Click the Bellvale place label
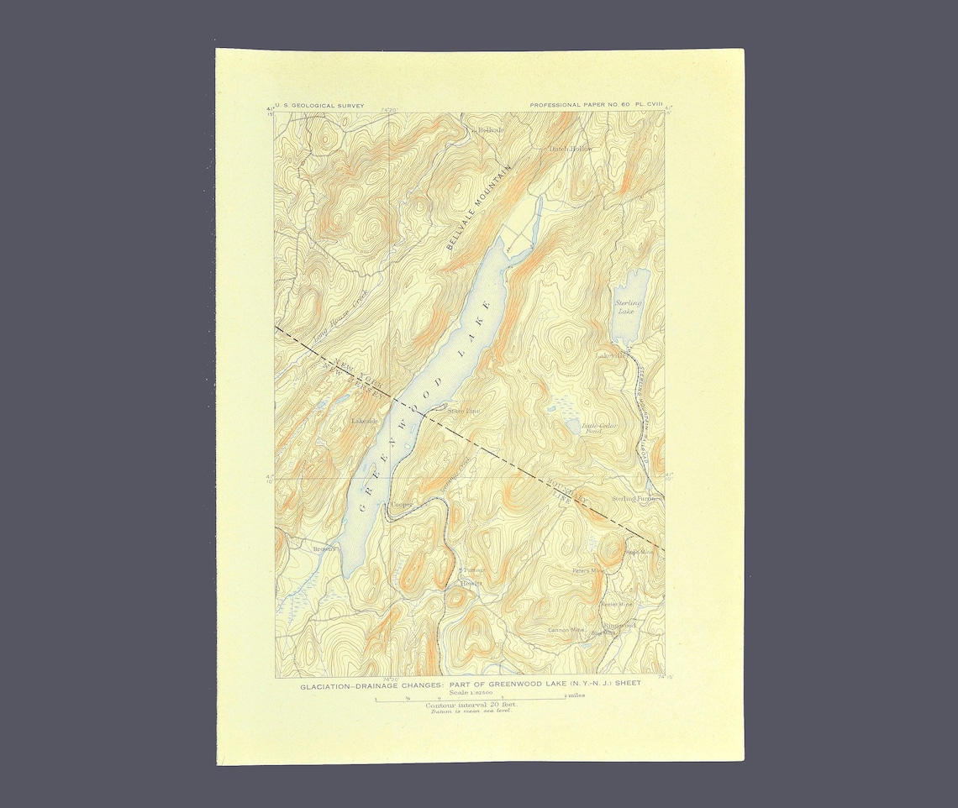pos(490,131)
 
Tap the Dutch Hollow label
pos(571,149)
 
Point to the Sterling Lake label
pos(628,307)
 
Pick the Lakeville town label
pos(613,355)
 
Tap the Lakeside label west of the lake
pos(365,420)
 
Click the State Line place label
pos(463,411)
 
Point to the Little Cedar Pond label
pos(599,428)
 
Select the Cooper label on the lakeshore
pos(401,505)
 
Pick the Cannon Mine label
pos(566,629)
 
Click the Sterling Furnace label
pos(636,498)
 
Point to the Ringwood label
pos(619,626)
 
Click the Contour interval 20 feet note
pos(470,705)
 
